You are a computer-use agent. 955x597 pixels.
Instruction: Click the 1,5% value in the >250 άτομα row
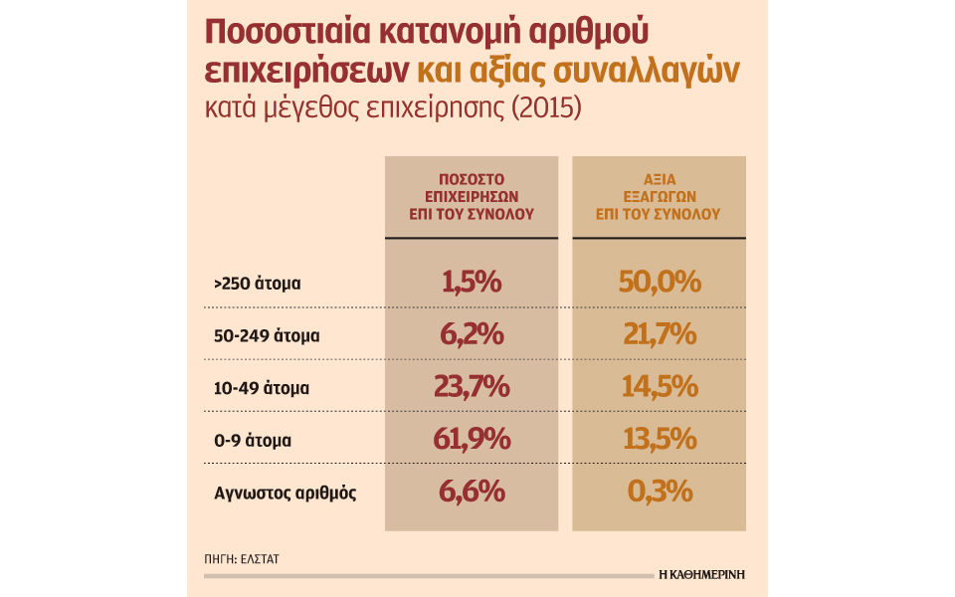[472, 283]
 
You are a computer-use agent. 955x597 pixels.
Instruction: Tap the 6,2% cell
[472, 334]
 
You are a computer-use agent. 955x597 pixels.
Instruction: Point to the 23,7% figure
[472, 386]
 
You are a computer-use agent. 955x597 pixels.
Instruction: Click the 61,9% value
[472, 438]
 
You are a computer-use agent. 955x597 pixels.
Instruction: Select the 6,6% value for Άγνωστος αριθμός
[472, 491]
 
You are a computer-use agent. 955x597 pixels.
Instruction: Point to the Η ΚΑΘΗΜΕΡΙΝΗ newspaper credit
[701, 574]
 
